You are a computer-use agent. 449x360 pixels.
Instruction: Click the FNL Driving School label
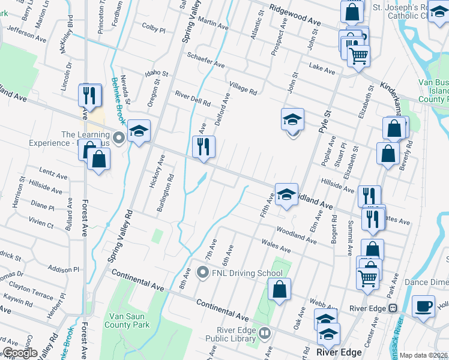pos(246,274)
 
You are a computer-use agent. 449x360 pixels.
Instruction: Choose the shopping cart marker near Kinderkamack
pos(358,56)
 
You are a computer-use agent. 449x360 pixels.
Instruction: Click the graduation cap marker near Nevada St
pos(139,131)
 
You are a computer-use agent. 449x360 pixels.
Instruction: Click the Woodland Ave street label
pos(297,235)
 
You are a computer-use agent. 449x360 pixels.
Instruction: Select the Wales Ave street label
pos(276,245)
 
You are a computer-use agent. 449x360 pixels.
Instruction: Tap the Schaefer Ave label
pos(206,60)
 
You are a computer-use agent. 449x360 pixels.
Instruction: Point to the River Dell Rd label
pos(192,98)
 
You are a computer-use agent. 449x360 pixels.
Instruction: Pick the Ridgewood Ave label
pos(295,14)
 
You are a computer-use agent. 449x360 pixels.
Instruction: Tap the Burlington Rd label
pos(170,193)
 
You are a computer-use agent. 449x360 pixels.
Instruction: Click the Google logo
pos(19,353)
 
